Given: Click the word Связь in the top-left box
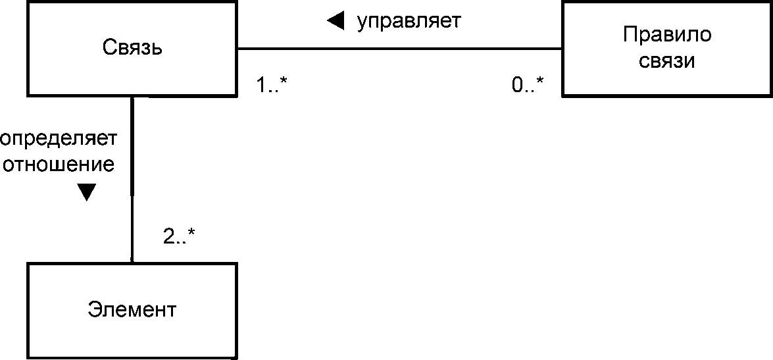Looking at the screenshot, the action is click(132, 47).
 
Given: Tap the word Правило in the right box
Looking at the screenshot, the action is click(666, 34).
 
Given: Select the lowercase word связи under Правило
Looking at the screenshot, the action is click(667, 61).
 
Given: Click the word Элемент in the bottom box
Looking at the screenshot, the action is click(132, 309).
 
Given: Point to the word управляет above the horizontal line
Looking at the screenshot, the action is click(409, 21).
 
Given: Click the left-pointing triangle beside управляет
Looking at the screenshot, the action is click(336, 22).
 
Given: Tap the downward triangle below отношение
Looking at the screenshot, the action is click(86, 192).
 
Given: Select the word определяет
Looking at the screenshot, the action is click(58, 139).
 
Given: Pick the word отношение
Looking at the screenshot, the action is click(59, 164).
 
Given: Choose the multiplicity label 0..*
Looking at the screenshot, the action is click(528, 84).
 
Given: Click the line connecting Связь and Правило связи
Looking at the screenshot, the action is click(399, 49).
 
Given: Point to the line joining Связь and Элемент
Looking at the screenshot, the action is click(133, 217).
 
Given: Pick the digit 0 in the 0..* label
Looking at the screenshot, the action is click(518, 84).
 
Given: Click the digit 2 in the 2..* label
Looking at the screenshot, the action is click(169, 236).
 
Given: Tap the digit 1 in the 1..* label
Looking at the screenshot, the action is click(261, 84).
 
